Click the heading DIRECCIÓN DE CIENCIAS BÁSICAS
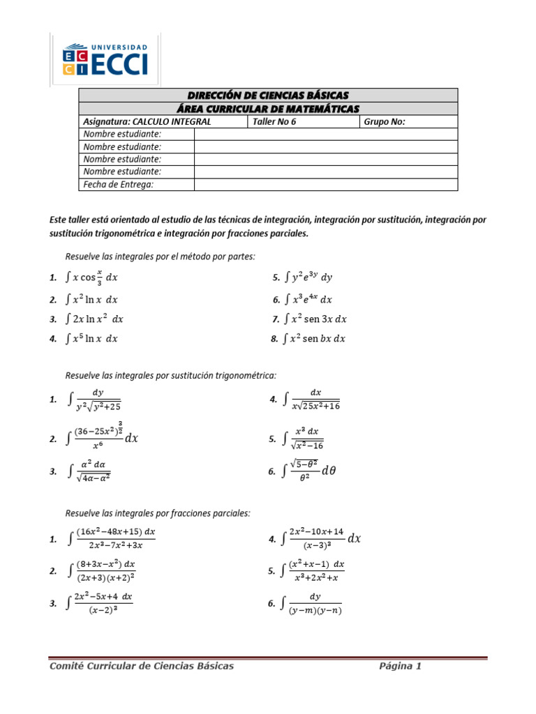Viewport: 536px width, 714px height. tap(268, 95)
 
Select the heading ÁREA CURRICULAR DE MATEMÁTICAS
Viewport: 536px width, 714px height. tap(268, 108)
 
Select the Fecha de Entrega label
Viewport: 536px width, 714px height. tap(118, 184)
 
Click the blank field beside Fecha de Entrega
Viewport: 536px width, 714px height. tap(325, 184)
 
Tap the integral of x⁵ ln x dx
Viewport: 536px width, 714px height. tap(91, 339)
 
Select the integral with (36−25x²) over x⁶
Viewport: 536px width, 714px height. tap(105, 438)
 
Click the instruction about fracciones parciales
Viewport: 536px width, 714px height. tap(158, 513)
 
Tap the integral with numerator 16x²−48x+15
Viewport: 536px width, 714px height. tap(112, 539)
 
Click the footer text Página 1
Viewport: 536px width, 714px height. tap(400, 666)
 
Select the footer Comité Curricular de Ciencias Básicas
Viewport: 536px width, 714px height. tap(142, 666)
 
